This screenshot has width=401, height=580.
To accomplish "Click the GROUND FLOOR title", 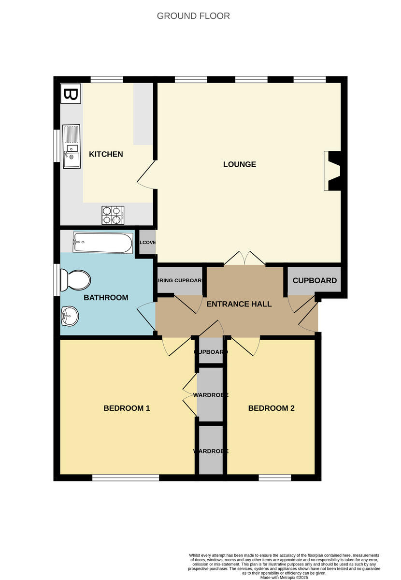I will tap(193, 16).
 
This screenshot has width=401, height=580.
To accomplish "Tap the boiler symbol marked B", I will tap(71, 94).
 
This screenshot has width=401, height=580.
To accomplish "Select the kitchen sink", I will tap(72, 146).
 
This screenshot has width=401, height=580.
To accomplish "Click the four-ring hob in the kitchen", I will tap(113, 215).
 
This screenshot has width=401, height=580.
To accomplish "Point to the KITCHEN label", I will tap(106, 154).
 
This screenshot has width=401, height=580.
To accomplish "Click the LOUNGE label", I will tap(240, 164).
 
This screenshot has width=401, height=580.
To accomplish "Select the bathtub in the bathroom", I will tap(102, 243).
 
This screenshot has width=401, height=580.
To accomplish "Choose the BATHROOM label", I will tap(106, 298).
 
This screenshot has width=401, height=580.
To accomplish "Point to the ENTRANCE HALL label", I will tap(239, 304).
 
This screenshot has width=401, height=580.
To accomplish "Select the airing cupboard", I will tap(180, 281).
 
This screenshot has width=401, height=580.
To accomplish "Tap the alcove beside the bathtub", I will tap(147, 243).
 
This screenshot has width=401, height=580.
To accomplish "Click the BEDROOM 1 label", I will tap(127, 408).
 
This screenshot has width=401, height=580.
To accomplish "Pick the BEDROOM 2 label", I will tap(271, 408).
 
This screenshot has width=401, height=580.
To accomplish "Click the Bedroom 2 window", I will tap(275, 478).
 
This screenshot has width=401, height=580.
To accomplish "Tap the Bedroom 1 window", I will tap(126, 478).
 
